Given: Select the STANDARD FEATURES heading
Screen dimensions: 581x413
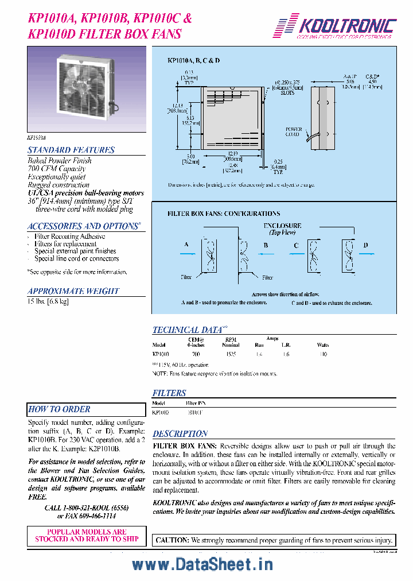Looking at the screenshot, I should pyautogui.click(x=71, y=150).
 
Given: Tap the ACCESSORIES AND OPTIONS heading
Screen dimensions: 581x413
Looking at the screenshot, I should pyautogui.click(x=82, y=226).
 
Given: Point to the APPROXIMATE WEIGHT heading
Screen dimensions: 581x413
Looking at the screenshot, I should pyautogui.click(x=73, y=291).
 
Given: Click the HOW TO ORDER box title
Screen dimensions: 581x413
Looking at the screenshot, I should pyautogui.click(x=60, y=409).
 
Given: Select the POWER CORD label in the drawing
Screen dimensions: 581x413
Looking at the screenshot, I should pyautogui.click(x=294, y=132).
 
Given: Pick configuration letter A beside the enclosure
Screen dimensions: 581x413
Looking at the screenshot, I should pyautogui.click(x=186, y=245).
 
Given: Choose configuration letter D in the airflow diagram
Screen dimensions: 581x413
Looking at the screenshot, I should pyautogui.click(x=365, y=245).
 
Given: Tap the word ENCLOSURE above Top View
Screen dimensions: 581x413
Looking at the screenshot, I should pyautogui.click(x=282, y=226).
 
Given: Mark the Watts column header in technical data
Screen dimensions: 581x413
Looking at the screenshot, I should pyautogui.click(x=322, y=345).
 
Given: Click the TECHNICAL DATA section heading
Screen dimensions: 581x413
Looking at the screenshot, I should pyautogui.click(x=187, y=330).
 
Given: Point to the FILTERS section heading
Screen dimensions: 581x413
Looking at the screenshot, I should pyautogui.click(x=169, y=393).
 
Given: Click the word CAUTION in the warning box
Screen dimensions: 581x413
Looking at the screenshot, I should pyautogui.click(x=172, y=540).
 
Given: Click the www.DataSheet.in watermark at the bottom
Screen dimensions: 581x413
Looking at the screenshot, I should pyautogui.click(x=202, y=565).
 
